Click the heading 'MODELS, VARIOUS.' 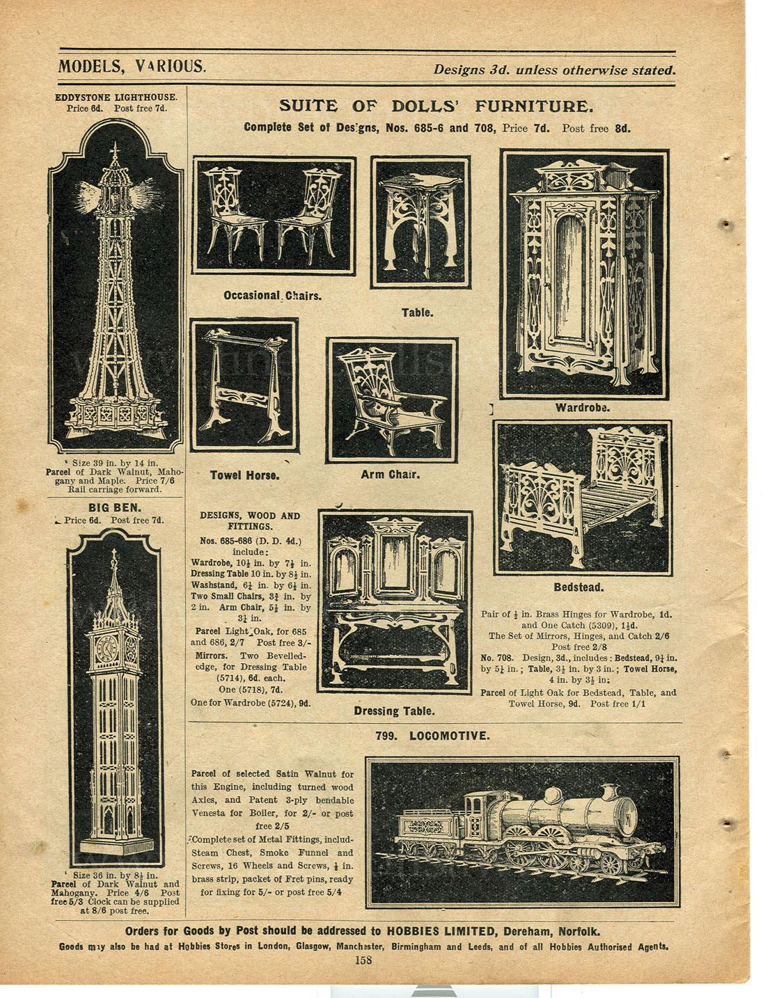[132, 67]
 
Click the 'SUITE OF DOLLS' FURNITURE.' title [436, 106]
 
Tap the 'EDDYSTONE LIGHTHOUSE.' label [116, 97]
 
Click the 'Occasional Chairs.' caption [272, 296]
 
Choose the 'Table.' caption [417, 312]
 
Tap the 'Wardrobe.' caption [582, 407]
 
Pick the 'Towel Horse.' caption [244, 476]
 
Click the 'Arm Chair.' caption [390, 475]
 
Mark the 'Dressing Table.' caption [395, 711]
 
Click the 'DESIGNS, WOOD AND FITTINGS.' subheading [250, 521]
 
